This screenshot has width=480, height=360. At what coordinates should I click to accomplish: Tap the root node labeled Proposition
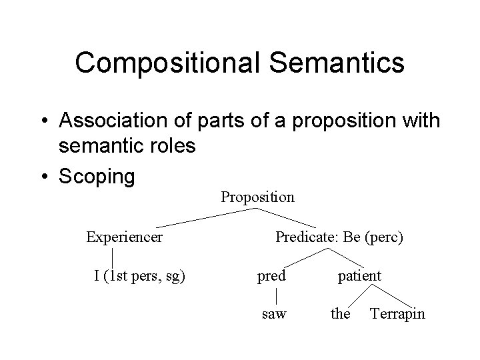[x=257, y=197]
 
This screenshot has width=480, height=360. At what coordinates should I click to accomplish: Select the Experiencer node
[x=124, y=237]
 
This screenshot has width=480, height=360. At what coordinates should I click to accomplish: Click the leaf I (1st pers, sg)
[x=139, y=275]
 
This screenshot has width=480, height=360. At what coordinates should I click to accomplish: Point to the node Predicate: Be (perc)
[x=339, y=237]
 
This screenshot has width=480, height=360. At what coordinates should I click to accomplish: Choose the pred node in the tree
[x=272, y=275]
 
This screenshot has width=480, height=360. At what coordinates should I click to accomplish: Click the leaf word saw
[x=273, y=313]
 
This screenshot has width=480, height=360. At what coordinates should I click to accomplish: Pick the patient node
[x=359, y=275]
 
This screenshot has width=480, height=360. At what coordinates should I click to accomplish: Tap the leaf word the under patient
[x=340, y=313]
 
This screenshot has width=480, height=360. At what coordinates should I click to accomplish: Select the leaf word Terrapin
[x=397, y=313]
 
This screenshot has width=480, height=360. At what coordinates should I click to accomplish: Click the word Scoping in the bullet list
[x=97, y=177]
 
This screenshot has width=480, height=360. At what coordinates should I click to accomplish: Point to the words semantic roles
[x=127, y=145]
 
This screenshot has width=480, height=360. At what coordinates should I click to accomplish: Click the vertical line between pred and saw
[x=276, y=294]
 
